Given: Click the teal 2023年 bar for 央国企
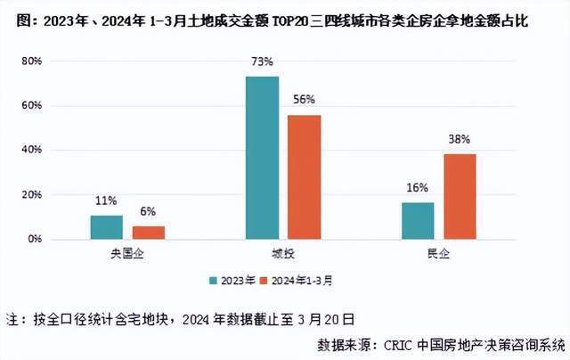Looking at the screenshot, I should (x=106, y=227).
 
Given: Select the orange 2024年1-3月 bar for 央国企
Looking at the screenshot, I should (x=149, y=233).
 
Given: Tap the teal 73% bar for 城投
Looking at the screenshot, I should (x=262, y=158).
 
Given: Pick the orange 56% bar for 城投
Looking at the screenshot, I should (x=304, y=176).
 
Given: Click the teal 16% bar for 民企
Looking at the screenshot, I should (x=417, y=221).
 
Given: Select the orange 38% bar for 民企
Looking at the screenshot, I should (x=460, y=196).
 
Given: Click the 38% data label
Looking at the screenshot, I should (x=460, y=140).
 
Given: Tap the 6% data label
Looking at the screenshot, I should (x=149, y=212).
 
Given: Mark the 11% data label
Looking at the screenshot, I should (x=106, y=201).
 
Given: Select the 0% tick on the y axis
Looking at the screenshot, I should (x=35, y=240).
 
